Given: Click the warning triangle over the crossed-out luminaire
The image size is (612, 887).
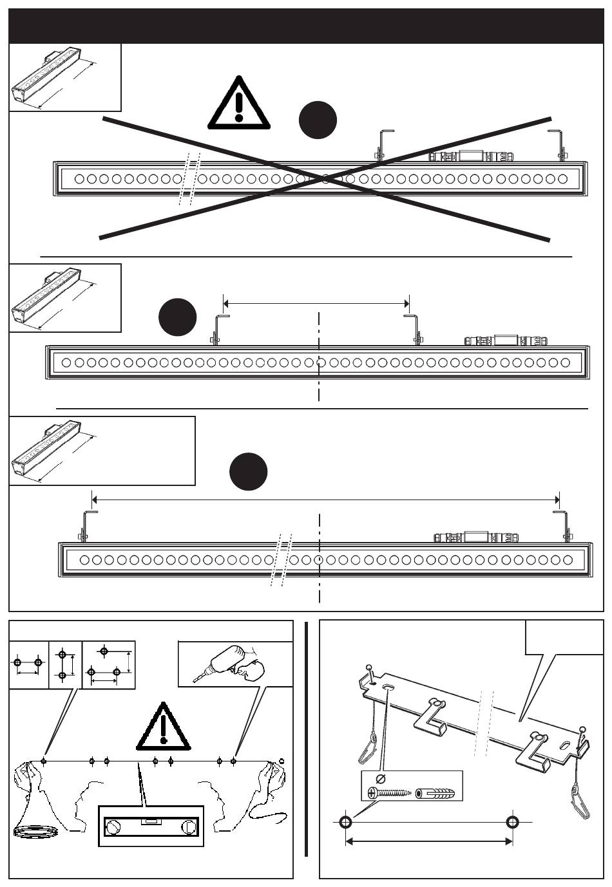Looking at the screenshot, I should [238, 104].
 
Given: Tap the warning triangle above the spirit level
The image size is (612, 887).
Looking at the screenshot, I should [164, 727].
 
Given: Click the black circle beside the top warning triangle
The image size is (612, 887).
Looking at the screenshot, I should [318, 120].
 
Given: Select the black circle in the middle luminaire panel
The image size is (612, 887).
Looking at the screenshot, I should [178, 317].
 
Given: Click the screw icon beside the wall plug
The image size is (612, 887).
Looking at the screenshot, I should [388, 792].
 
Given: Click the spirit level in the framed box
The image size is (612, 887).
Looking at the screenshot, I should [151, 826].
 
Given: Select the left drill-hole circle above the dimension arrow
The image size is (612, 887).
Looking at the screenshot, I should [345, 822].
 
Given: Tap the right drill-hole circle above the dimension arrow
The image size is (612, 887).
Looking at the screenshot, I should [512, 822].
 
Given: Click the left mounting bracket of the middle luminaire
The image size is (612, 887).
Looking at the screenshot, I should [218, 330].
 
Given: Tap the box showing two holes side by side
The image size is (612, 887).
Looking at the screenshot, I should [28, 664].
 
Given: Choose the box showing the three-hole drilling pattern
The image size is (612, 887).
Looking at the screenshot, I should [109, 664].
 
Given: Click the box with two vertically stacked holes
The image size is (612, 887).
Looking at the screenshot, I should [65, 664].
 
